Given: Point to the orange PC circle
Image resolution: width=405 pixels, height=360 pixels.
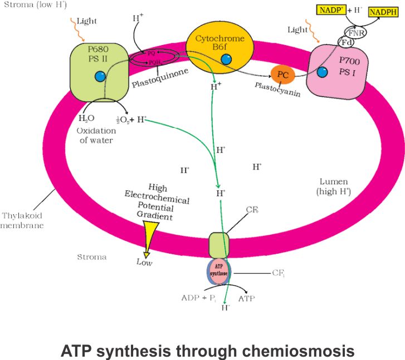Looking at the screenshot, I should [x=282, y=74].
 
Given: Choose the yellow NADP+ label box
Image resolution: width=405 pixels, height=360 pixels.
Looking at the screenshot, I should [x=331, y=9].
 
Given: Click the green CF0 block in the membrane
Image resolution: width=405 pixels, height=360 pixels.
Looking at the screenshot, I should [x=219, y=243].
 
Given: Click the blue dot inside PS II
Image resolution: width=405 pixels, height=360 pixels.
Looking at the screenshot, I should [x=100, y=77].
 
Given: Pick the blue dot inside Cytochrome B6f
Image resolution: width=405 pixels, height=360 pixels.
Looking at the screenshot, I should [x=226, y=58].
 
